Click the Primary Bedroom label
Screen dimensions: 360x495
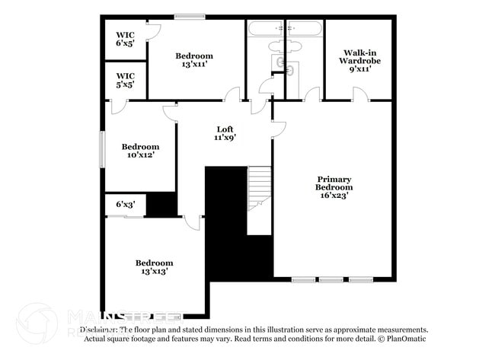pos(335,187)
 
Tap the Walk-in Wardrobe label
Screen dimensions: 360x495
pos(360,60)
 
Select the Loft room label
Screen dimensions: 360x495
pos(225,133)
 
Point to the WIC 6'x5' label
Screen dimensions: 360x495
pos(125,39)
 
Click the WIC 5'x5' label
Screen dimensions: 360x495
pos(125,80)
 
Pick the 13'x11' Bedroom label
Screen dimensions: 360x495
pos(194,60)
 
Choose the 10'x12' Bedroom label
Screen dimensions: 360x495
pos(141,151)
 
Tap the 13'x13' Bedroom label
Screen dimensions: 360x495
pos(154,266)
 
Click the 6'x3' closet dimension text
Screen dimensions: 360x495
pos(125,204)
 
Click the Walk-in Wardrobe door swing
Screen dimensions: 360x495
pos(360,94)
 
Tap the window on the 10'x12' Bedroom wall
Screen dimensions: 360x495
pos(103,149)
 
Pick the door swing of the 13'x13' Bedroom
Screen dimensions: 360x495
pos(193,222)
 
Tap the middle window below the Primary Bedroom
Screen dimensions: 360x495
pos(331,280)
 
